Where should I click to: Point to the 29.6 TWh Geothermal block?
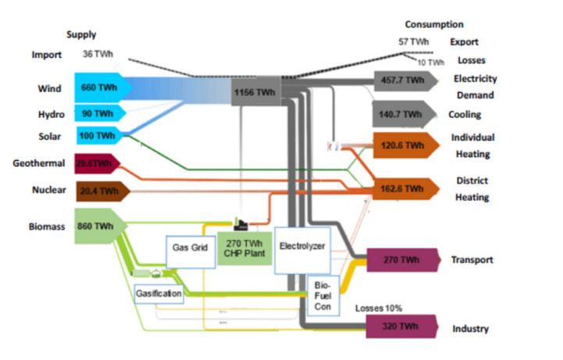pos(97,163)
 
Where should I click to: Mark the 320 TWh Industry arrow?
pos(400,326)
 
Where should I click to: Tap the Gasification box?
pos(159,294)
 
